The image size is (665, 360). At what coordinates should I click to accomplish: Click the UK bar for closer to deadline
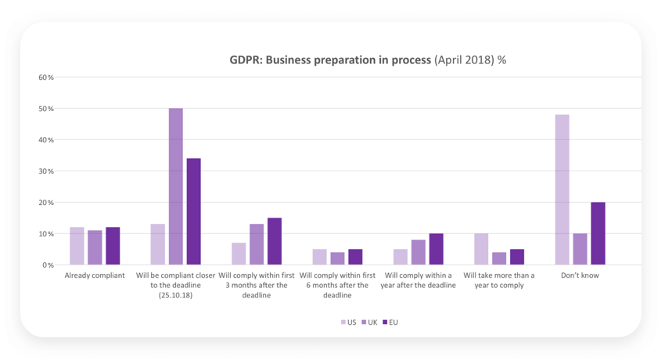[176, 187]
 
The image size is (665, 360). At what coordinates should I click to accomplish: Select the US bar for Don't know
[562, 190]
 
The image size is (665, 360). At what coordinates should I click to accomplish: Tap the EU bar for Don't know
[598, 234]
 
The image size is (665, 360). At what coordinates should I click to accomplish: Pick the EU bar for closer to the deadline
[193, 212]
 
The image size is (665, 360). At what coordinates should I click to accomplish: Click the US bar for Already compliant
[77, 247]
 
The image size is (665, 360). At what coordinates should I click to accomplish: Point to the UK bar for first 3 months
[257, 245]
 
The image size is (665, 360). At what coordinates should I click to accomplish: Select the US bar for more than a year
[481, 250]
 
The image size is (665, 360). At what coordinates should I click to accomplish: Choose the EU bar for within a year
[436, 250]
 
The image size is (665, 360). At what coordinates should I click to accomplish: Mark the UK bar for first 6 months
[337, 259]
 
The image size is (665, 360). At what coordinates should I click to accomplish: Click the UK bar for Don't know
[580, 250]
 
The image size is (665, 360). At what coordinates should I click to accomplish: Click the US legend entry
[348, 322]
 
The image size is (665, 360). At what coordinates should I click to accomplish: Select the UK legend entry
[368, 322]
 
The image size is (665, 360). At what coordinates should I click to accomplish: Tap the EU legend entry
[390, 322]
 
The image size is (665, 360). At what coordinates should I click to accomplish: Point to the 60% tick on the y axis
[46, 77]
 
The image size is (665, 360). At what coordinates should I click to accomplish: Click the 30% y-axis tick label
[46, 171]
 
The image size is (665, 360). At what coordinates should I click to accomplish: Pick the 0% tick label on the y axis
[49, 265]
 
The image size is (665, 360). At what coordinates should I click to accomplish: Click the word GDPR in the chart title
[245, 59]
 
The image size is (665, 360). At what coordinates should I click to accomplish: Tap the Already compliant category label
[95, 275]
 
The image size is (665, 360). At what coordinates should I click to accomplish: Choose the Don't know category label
[580, 275]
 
